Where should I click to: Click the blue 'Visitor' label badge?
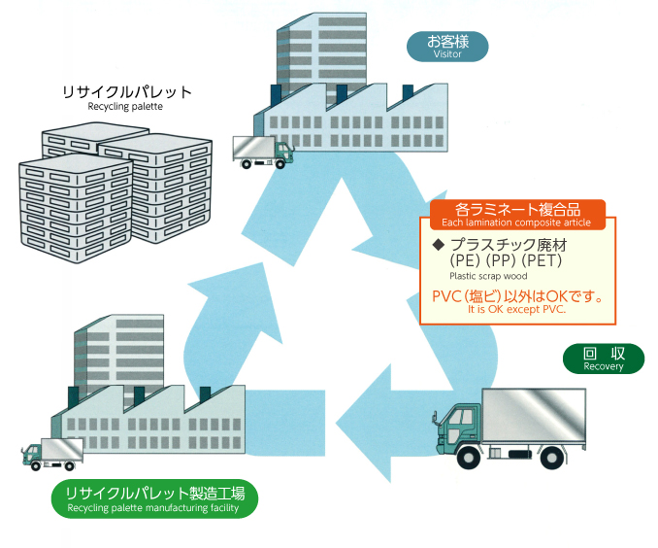point(447,46)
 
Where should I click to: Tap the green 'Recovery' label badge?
point(603,359)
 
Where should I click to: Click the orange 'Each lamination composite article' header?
point(515,214)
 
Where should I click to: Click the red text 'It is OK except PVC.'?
point(516,309)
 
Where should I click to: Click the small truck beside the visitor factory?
point(262,150)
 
